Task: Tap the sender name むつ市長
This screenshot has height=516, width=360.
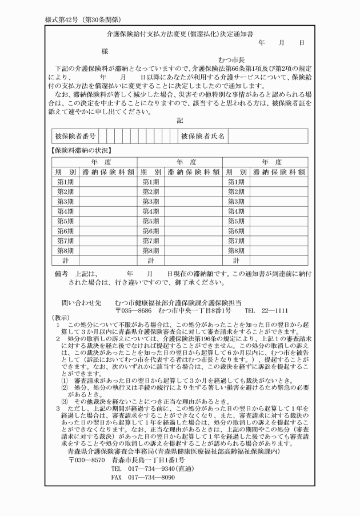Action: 231,59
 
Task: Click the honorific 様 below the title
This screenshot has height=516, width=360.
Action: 105,51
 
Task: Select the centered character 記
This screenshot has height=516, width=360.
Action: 180,121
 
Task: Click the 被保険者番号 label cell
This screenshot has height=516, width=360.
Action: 75,137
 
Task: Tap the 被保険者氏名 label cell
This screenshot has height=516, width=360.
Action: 203,137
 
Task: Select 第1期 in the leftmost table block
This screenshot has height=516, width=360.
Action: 65,182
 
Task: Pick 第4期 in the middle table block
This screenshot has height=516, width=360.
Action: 151,211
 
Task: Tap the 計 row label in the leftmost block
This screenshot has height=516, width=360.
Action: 65,259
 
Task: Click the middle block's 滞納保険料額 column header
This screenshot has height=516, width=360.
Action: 193,171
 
